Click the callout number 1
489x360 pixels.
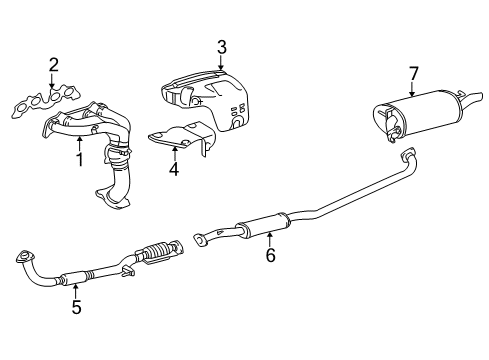pyautogui.click(x=80, y=160)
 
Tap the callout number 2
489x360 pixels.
pyautogui.click(x=54, y=65)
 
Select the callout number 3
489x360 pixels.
pyautogui.click(x=222, y=47)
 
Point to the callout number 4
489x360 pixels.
pyautogui.click(x=174, y=169)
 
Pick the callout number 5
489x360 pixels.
pyautogui.click(x=76, y=307)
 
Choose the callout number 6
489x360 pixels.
pyautogui.click(x=270, y=255)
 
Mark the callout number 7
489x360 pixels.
pyautogui.click(x=413, y=74)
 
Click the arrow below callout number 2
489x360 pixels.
pyautogui.click(x=52, y=81)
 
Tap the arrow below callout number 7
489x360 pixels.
pyautogui.click(x=412, y=89)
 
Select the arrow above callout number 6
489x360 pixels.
pyautogui.click(x=270, y=240)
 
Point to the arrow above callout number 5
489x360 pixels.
pyautogui.click(x=76, y=291)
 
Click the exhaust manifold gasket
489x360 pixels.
pyautogui.click(x=46, y=101)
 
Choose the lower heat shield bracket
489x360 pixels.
pyautogui.click(x=182, y=139)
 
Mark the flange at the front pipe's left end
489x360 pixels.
pyautogui.click(x=25, y=256)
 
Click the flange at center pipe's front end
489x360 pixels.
pyautogui.click(x=200, y=240)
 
